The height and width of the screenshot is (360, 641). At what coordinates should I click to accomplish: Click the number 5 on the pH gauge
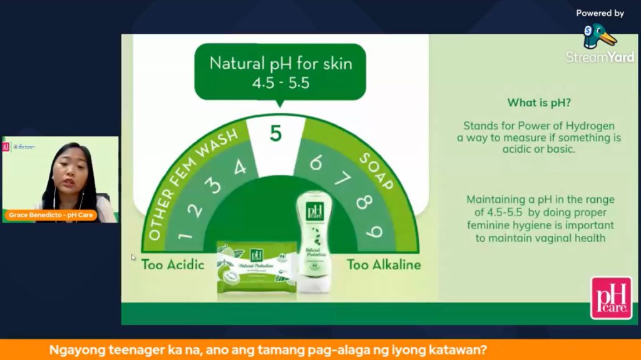pyautogui.click(x=276, y=133)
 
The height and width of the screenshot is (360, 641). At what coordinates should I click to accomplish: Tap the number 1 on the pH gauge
pyautogui.click(x=184, y=235)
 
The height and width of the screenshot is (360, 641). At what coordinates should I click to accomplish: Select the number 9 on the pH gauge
pyautogui.click(x=374, y=232)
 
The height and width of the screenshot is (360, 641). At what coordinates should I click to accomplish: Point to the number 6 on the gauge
pyautogui.click(x=315, y=162)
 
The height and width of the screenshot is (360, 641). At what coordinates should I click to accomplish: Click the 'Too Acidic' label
pyautogui.click(x=173, y=264)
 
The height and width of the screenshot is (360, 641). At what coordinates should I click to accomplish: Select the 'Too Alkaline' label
pyautogui.click(x=384, y=264)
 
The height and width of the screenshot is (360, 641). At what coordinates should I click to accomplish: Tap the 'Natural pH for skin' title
pyautogui.click(x=280, y=63)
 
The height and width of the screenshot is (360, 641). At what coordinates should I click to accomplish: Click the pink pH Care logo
pyautogui.click(x=611, y=297)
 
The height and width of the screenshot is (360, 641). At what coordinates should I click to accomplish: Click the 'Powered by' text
pyautogui.click(x=600, y=13)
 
